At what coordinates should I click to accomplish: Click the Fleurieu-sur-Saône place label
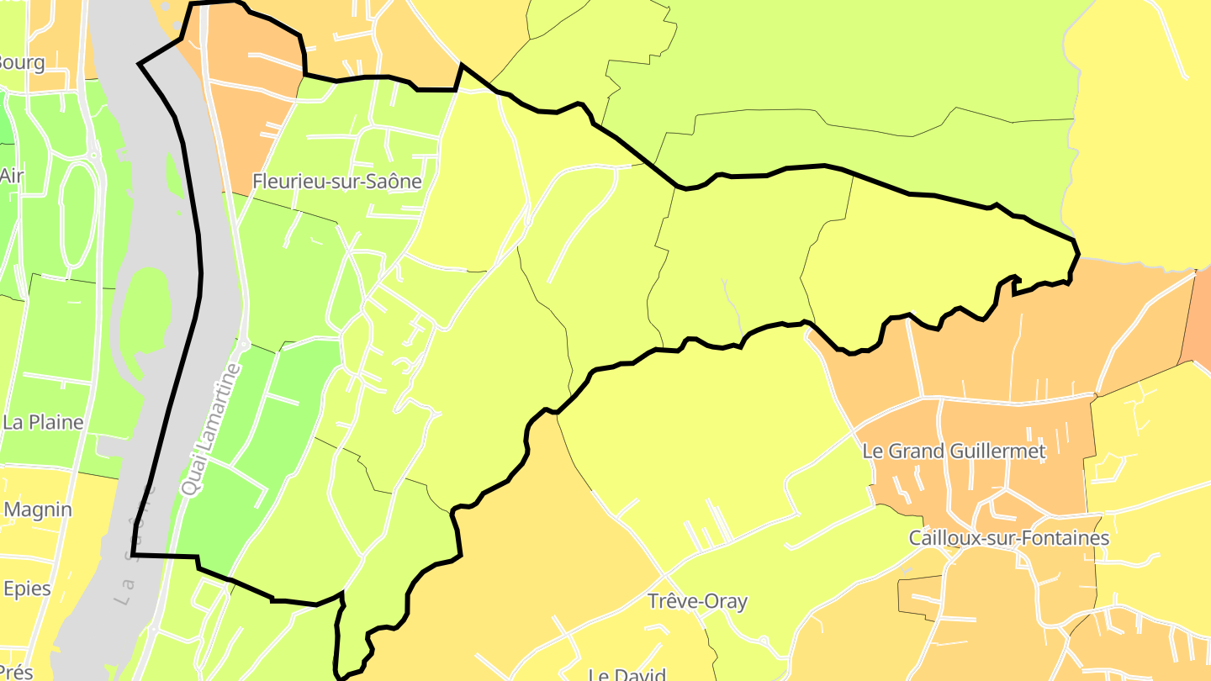point(337,181)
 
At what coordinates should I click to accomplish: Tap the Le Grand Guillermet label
point(954,451)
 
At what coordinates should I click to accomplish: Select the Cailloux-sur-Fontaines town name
point(1009,538)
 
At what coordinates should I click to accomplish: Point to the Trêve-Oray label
point(697,601)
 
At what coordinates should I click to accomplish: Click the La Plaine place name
point(43,422)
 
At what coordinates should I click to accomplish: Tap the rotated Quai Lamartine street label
point(210,429)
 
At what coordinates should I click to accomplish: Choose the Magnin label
point(38,509)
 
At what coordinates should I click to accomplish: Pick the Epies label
point(27,589)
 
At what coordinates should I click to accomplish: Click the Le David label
point(627,674)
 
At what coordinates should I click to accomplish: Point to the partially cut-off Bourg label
point(22,62)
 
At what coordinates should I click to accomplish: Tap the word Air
point(12,176)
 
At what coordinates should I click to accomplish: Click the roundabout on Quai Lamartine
point(245,345)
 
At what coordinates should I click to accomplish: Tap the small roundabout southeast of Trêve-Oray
point(763,642)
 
